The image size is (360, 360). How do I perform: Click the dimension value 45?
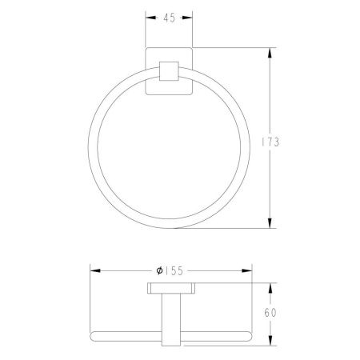pyautogui.click(x=169, y=18)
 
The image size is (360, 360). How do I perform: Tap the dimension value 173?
pyautogui.click(x=270, y=142)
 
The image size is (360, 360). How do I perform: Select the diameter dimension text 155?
pyautogui.click(x=174, y=271)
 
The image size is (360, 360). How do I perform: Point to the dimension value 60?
pyautogui.click(x=270, y=313)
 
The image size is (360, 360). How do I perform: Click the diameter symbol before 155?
pyautogui.click(x=159, y=270)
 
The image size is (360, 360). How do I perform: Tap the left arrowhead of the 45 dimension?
pyautogui.click(x=150, y=18)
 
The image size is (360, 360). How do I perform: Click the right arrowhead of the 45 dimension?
pyautogui.click(x=187, y=18)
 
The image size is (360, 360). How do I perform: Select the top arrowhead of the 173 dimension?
pyautogui.click(x=270, y=53)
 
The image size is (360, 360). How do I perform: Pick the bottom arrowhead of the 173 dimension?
pyautogui.click(x=270, y=223)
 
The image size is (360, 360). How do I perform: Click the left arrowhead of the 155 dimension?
pyautogui.click(x=95, y=270)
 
